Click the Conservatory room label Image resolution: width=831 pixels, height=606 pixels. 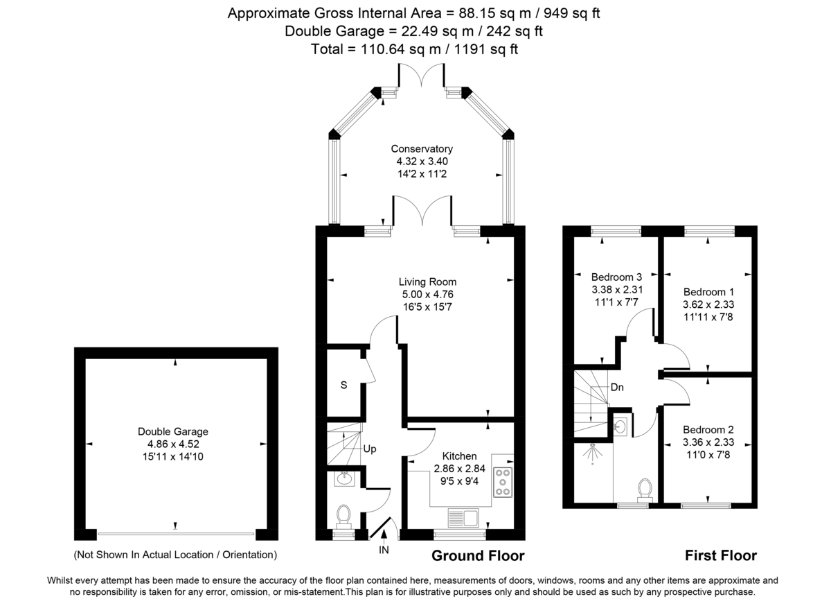tap(421, 149)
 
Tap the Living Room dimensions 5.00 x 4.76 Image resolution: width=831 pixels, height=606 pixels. tap(427, 294)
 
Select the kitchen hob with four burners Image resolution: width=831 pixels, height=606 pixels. tap(502, 482)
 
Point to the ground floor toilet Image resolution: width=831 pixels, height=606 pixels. tap(343, 516)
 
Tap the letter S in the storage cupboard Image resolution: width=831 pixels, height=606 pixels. tap(343, 386)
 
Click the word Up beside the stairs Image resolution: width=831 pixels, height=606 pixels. tap(370, 449)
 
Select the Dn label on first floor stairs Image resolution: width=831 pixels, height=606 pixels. tap(617, 388)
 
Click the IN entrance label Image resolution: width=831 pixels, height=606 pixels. tap(384, 551)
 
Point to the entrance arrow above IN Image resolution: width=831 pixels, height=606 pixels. tap(384, 535)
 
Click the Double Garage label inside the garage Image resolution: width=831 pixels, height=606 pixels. tap(172, 431)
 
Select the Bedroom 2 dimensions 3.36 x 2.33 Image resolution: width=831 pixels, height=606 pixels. tap(708, 442)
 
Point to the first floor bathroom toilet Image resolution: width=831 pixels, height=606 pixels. tap(646, 488)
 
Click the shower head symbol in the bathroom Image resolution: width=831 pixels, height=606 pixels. tap(593, 452)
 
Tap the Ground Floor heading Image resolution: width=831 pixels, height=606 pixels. tap(478, 556)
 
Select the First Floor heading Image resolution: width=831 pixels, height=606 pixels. tap(720, 556)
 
